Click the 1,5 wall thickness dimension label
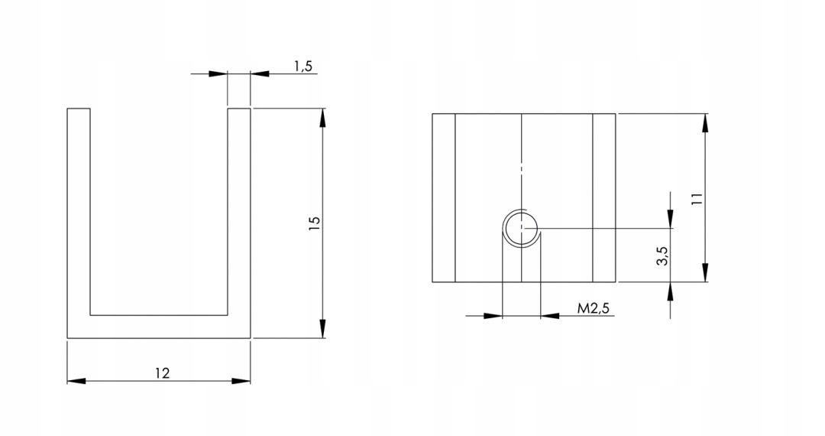coord(303,66)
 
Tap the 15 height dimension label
coord(314,223)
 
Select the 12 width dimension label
coord(163,373)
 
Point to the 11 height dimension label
coord(697,199)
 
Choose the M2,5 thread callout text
coord(594,308)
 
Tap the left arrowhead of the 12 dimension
coord(76,381)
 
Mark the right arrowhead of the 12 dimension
coord(241,381)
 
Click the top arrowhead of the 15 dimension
coord(323,118)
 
